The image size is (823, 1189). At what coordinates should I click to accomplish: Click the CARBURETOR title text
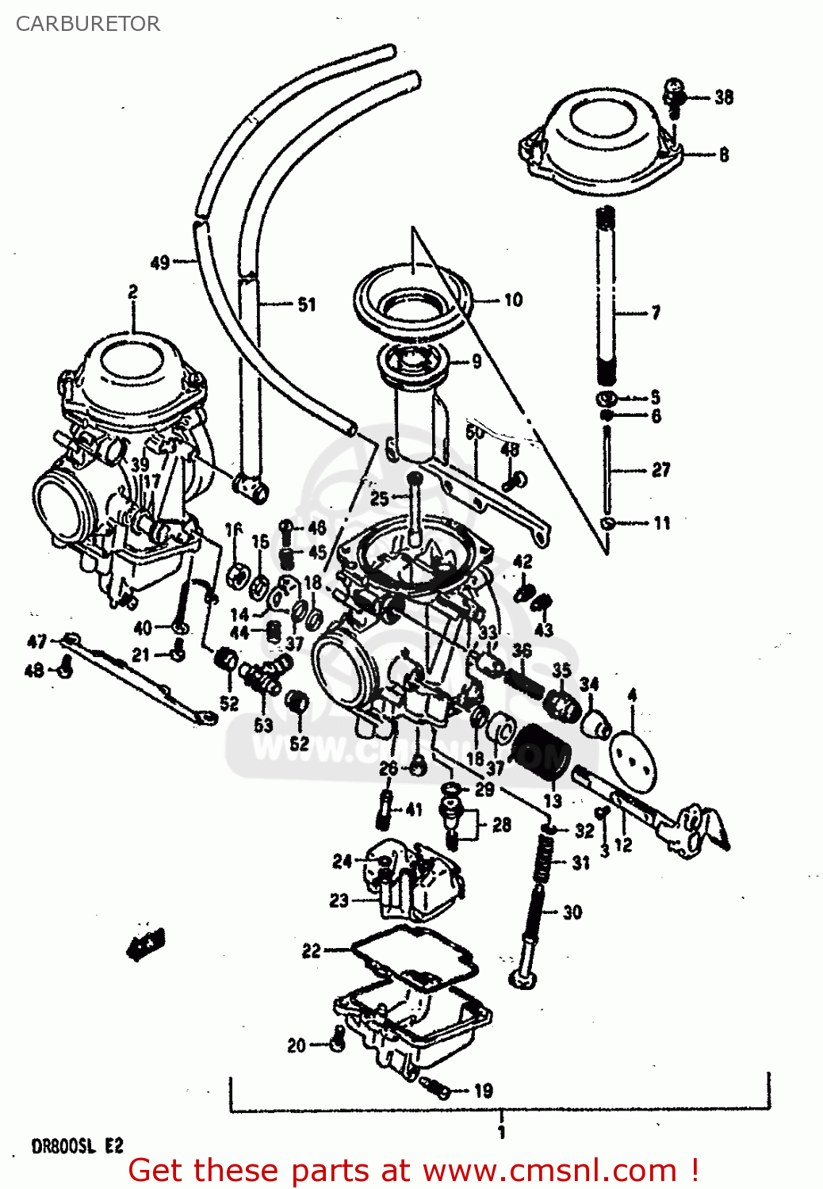point(87,24)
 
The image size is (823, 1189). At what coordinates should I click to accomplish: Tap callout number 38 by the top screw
point(723,97)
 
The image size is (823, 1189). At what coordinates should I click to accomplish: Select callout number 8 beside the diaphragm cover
point(723,155)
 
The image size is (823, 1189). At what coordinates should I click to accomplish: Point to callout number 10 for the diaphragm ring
point(513,300)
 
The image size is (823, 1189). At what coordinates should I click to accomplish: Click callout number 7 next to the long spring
point(655,313)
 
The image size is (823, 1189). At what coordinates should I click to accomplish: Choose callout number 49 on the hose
point(160,262)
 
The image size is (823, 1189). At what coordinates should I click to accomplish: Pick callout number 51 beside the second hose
point(306,304)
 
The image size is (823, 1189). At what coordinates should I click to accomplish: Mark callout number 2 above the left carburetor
point(132,292)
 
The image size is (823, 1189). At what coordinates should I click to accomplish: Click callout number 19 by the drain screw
point(483,1091)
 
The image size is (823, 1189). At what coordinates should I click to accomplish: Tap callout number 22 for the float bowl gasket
point(312,950)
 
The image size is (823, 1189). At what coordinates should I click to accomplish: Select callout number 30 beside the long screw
point(572,912)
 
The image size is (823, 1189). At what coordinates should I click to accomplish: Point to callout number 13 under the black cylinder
point(552,801)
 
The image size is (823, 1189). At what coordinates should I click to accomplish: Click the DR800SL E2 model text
point(77,1146)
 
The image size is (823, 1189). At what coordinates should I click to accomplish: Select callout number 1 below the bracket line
point(500,1132)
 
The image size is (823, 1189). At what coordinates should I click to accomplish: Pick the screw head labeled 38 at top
point(673,89)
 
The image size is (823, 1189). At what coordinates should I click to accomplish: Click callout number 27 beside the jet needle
point(660,470)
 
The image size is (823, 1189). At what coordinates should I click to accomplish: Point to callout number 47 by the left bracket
point(36,641)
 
